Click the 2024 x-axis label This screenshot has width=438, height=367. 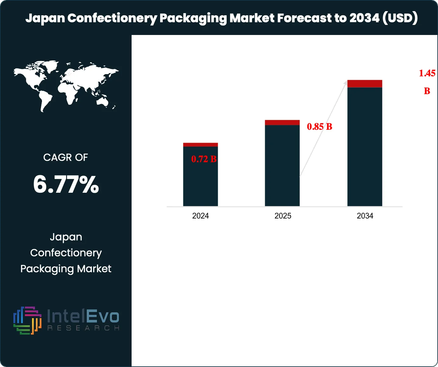click(x=200, y=216)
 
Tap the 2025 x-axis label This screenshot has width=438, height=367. click(x=283, y=216)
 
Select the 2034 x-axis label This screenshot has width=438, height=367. click(x=365, y=216)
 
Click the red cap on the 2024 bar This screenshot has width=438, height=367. click(x=200, y=145)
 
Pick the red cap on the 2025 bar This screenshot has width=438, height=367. click(x=282, y=122)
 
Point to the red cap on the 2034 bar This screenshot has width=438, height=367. click(x=365, y=84)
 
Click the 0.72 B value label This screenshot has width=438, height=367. click(x=204, y=159)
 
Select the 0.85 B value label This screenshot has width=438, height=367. click(x=319, y=127)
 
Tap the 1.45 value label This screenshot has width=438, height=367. click(x=427, y=73)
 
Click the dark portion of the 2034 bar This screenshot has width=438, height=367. click(x=365, y=146)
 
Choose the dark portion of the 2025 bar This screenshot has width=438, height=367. click(x=282, y=165)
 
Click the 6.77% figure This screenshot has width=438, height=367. click(x=66, y=184)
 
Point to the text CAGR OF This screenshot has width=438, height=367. click(x=65, y=157)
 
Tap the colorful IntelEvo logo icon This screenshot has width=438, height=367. click(x=27, y=320)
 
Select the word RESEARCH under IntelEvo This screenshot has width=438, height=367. click(x=83, y=328)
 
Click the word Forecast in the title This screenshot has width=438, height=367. click(x=304, y=18)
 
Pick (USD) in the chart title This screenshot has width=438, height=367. click(x=400, y=18)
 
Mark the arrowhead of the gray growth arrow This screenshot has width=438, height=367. click(x=346, y=82)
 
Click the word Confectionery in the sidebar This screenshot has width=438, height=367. click(x=66, y=253)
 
